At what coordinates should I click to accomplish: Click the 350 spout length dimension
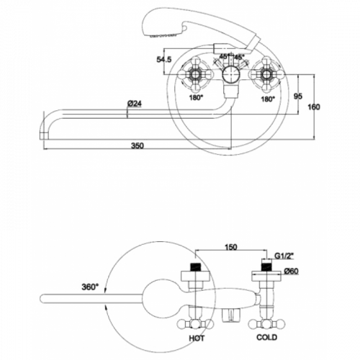138,145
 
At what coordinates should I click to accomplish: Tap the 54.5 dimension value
164,59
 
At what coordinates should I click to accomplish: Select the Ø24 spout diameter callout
135,104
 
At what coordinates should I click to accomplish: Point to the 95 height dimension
298,96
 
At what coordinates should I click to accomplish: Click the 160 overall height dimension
314,107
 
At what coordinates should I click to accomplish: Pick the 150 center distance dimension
230,247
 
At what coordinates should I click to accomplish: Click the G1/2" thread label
284,256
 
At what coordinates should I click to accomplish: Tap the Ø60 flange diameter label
291,271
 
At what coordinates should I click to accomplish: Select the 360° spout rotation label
90,287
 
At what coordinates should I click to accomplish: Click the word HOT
197,338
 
